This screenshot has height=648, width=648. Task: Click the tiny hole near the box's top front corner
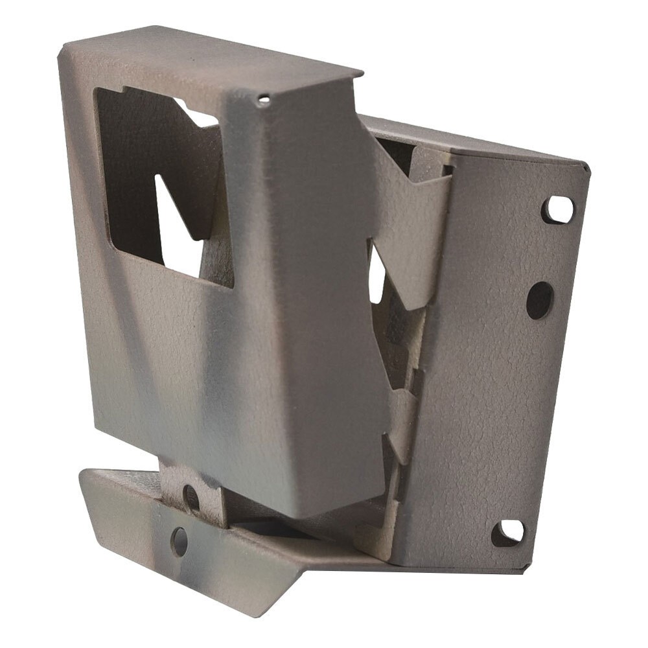264,100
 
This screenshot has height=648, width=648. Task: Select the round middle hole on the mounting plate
539,301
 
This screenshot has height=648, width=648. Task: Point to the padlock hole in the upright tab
191,498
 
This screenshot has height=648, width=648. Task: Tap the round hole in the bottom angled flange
179,540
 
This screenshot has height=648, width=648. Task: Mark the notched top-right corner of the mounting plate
586,167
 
